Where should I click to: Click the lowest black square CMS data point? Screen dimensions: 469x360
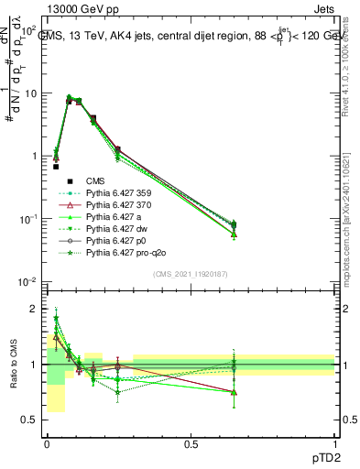click(x=56, y=167)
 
